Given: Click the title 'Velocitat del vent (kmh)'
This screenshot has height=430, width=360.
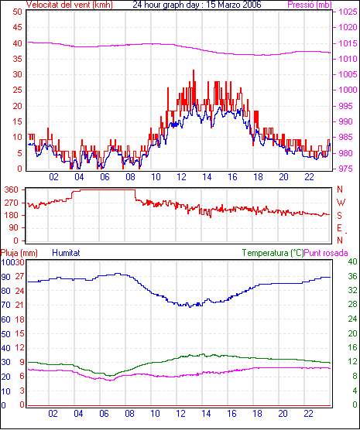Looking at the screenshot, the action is point(69,5).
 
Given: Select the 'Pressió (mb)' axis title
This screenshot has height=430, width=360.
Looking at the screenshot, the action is point(310,5).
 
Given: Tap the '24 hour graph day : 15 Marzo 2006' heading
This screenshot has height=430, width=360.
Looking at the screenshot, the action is point(197,5).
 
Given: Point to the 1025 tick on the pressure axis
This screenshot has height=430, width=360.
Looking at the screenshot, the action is point(348,12).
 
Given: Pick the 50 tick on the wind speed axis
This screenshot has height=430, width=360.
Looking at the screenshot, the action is point(17,12).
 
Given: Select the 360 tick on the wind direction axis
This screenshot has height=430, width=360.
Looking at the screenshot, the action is point(12,189).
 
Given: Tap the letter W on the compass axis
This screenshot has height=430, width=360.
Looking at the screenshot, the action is point(341,203).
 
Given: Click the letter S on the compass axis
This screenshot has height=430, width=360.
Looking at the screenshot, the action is point(340,216).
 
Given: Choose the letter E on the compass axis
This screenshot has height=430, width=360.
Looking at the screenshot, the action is point(340,228).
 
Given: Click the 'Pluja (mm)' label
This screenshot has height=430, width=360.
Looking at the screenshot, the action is point(19,253).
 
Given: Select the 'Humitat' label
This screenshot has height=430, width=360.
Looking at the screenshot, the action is point(66,253).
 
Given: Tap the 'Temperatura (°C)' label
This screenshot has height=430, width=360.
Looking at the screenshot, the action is point(273,253).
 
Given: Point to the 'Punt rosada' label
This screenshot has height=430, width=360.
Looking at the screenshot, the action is point(326,253).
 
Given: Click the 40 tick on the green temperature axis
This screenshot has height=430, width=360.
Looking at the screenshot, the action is point(352,261).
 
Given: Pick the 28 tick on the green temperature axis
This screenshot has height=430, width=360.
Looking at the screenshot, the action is point(352,305).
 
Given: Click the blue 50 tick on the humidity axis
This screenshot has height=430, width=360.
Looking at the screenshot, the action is point(5,334).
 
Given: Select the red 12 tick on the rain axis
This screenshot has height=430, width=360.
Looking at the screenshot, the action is point(19,348).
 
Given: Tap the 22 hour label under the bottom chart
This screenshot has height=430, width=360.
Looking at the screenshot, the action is point(309,414).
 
